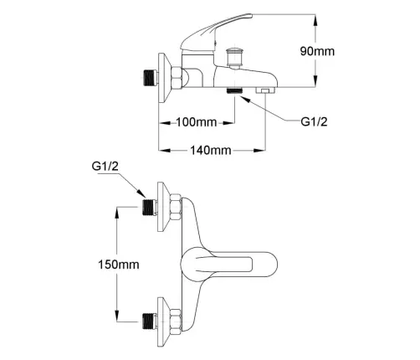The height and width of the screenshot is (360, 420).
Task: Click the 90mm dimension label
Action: tap(317, 51)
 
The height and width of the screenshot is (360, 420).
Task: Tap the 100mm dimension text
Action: tap(197, 122)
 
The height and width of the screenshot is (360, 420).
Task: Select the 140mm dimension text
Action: tap(211, 151)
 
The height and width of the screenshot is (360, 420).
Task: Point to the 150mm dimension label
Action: tap(119, 265)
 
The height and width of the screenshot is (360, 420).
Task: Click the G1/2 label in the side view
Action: tap(314, 121)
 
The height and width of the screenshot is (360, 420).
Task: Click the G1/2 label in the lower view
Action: tap(105, 167)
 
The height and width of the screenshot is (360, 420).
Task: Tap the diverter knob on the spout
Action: tap(235, 58)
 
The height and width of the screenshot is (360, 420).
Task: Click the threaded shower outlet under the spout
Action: tap(234, 91)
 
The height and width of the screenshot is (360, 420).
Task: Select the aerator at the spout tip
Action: tap(265, 90)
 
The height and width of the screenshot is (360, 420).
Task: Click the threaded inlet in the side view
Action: tap(150, 78)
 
